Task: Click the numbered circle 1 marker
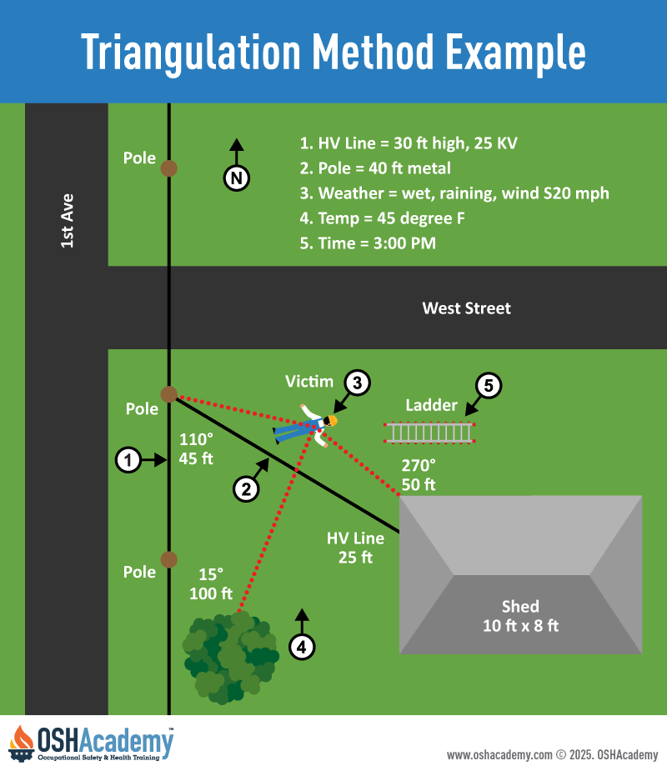(127, 459)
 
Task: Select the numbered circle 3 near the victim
(357, 383)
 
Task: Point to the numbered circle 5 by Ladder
(489, 385)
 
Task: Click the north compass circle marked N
(237, 178)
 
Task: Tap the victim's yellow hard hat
(332, 421)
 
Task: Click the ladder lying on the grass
(429, 433)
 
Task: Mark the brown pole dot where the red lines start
(169, 394)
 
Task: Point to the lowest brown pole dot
(169, 558)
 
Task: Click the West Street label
(466, 308)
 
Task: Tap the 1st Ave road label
(68, 220)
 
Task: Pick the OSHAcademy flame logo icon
(22, 743)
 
